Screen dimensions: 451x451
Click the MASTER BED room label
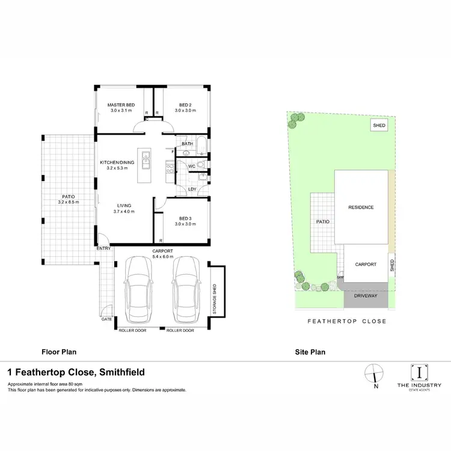121,105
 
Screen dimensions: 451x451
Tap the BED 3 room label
185,218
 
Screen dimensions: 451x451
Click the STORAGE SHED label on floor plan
213,291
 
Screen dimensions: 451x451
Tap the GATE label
106,319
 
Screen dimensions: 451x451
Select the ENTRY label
102,248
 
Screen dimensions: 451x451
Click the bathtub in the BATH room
201,147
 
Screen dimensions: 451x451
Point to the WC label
192,166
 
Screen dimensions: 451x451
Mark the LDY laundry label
192,189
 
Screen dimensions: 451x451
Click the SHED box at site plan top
379,126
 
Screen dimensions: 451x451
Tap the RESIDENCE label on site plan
361,207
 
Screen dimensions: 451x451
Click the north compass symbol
375,373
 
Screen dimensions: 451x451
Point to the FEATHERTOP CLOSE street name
347,322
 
